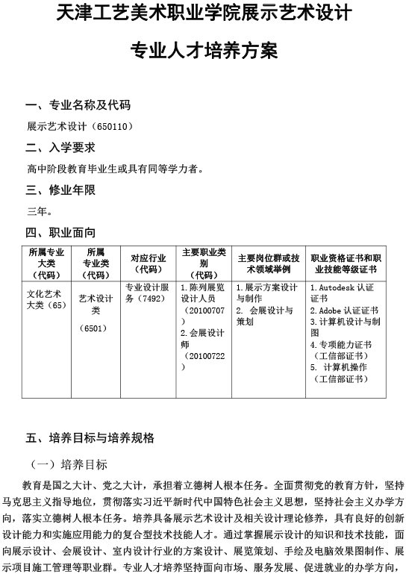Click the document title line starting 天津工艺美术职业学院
click(203, 16)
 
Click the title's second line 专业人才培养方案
click(203, 52)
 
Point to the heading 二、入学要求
click(60, 147)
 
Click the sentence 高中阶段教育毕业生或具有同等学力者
click(116, 169)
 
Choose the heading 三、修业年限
click(60, 190)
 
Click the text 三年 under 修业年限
click(37, 211)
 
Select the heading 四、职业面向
click(60, 232)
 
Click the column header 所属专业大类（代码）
click(47, 263)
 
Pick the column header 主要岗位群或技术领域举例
click(268, 263)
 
